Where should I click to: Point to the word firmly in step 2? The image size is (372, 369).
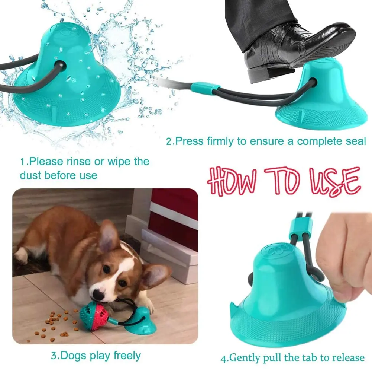tap(226, 142)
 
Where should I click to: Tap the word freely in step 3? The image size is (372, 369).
tap(121, 355)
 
